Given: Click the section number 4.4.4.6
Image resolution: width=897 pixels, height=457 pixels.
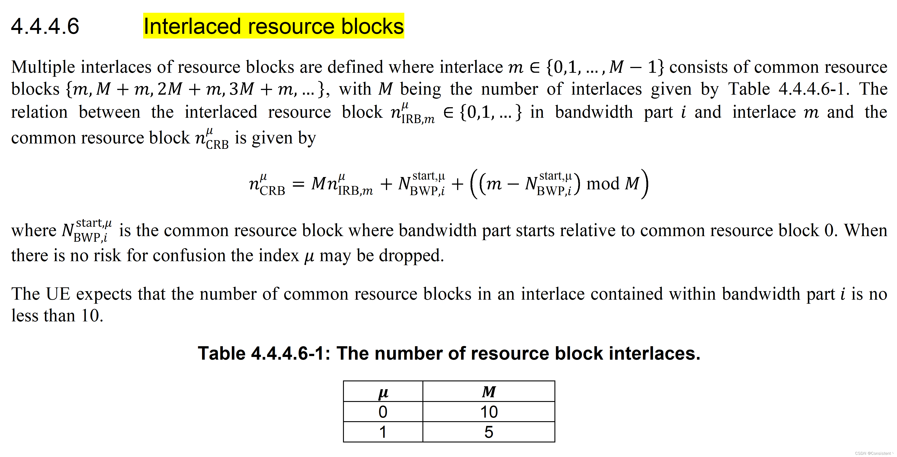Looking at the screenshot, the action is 45,26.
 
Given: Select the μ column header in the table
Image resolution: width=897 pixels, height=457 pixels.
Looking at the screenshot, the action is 383,392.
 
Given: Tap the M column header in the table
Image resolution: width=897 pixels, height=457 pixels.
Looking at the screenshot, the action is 488,392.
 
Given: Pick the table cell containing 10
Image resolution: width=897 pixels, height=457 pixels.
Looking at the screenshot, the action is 488,412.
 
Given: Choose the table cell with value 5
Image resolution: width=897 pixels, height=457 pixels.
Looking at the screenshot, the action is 488,432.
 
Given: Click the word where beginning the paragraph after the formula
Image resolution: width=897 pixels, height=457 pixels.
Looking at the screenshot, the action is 33,231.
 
